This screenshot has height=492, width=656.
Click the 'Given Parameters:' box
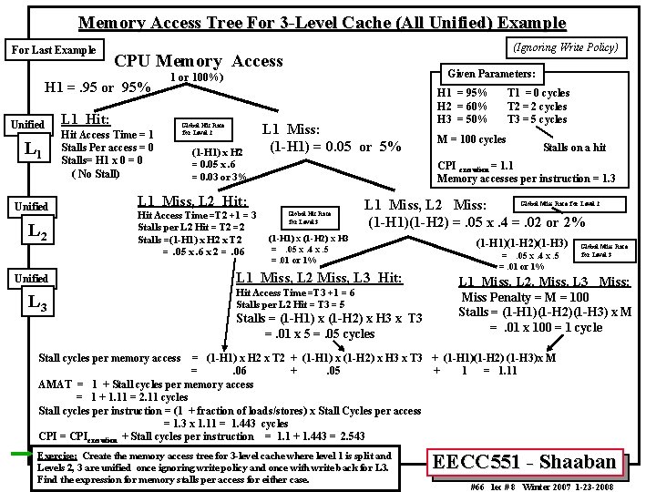click(490, 73)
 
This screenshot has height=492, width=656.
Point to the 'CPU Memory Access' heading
click(199, 61)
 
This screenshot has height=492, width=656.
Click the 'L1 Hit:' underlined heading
click(85, 118)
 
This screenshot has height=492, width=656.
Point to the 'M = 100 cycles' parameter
click(472, 139)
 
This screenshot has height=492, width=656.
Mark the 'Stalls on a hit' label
click(575, 148)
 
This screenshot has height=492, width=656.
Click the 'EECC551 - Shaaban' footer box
click(526, 463)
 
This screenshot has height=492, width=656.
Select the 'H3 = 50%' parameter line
click(463, 118)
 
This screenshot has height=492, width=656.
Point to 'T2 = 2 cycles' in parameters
click(538, 106)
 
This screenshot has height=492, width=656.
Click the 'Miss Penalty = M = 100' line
click(526, 298)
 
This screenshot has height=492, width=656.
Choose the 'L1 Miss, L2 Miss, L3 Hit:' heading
click(319, 278)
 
